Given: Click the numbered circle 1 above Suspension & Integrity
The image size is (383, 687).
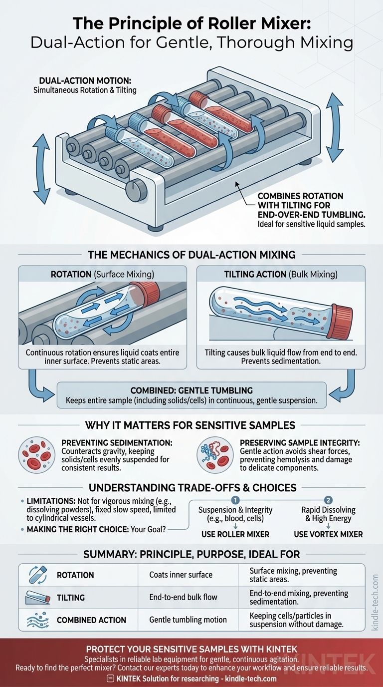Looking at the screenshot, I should (236, 500).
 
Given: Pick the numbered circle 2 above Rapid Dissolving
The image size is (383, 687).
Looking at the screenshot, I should (328, 500).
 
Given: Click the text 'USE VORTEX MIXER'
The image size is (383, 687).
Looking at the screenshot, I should (328, 534).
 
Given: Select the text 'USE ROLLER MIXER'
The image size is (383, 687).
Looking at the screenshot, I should (235, 534).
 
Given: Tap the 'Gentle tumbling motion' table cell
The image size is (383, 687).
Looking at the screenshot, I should (188, 620).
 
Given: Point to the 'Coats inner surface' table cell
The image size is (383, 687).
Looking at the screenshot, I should (181, 575).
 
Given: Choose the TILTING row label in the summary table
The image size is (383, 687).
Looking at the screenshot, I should (71, 597).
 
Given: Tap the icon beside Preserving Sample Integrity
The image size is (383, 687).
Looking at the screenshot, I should (215, 455).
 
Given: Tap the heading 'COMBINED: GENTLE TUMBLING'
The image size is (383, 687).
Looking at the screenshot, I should (191, 390).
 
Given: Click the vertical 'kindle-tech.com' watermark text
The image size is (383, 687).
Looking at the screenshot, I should (375, 602).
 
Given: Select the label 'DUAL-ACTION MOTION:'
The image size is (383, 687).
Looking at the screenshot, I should (77, 81).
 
